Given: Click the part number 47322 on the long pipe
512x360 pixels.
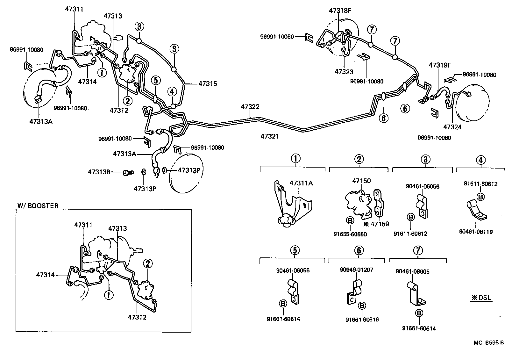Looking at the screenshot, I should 250,107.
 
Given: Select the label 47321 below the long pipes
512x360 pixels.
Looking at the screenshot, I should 269,136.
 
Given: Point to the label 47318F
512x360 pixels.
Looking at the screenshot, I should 340,11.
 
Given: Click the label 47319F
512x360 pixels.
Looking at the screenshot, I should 440,65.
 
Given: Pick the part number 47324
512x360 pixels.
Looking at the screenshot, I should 452,127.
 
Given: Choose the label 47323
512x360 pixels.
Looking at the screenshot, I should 344,72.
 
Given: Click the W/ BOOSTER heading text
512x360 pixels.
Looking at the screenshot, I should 38,206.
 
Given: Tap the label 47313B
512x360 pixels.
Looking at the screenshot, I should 99,172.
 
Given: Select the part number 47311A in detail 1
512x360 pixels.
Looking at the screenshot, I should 301,183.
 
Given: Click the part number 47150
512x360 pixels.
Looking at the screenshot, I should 361,181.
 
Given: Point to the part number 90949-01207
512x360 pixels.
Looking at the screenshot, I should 356,270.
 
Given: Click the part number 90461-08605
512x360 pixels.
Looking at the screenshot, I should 412,271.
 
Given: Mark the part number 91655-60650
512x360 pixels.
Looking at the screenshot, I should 350,234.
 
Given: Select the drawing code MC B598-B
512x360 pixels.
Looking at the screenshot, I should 488,343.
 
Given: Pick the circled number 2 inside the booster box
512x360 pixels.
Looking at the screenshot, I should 148,263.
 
